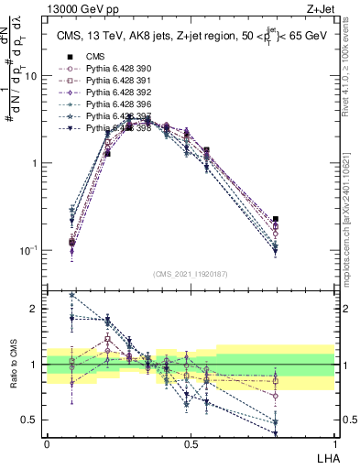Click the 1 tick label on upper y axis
point(35,163)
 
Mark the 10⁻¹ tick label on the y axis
point(29,249)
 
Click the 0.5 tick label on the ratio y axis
point(31,420)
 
